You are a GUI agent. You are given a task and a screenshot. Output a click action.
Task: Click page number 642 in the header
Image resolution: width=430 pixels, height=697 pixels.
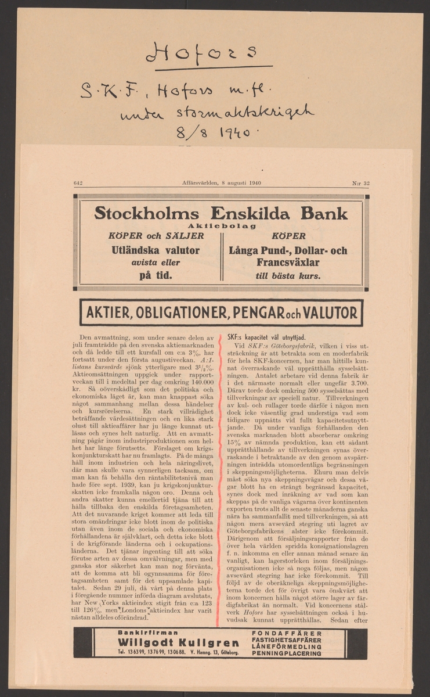click(78, 182)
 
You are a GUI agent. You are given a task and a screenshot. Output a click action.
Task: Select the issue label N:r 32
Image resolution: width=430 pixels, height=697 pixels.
click(361, 182)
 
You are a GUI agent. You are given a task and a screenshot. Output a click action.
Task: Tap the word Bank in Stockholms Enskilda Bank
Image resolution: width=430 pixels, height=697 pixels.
click(321, 213)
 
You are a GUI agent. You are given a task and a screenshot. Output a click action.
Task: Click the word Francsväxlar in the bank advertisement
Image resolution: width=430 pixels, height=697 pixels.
click(288, 263)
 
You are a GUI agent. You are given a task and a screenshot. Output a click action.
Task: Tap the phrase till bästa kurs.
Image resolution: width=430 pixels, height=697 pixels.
click(288, 276)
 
